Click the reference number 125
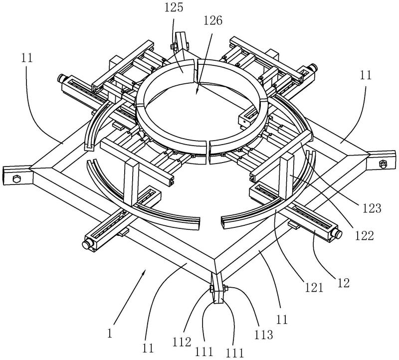tap(174, 7)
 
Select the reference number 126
tap(213, 20)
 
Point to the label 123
tap(372, 208)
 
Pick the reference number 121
tap(313, 288)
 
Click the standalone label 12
tap(344, 283)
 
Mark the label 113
tap(264, 335)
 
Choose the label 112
tap(182, 342)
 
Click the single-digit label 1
tap(110, 333)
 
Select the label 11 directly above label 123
tap(366, 75)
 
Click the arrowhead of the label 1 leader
tap(144, 273)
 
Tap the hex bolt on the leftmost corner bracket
tap(16, 179)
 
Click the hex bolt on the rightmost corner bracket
tap(382, 164)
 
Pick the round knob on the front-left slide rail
tap(86, 245)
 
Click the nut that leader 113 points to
tap(225, 288)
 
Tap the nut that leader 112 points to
tap(211, 288)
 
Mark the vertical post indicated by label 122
tap(286, 178)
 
